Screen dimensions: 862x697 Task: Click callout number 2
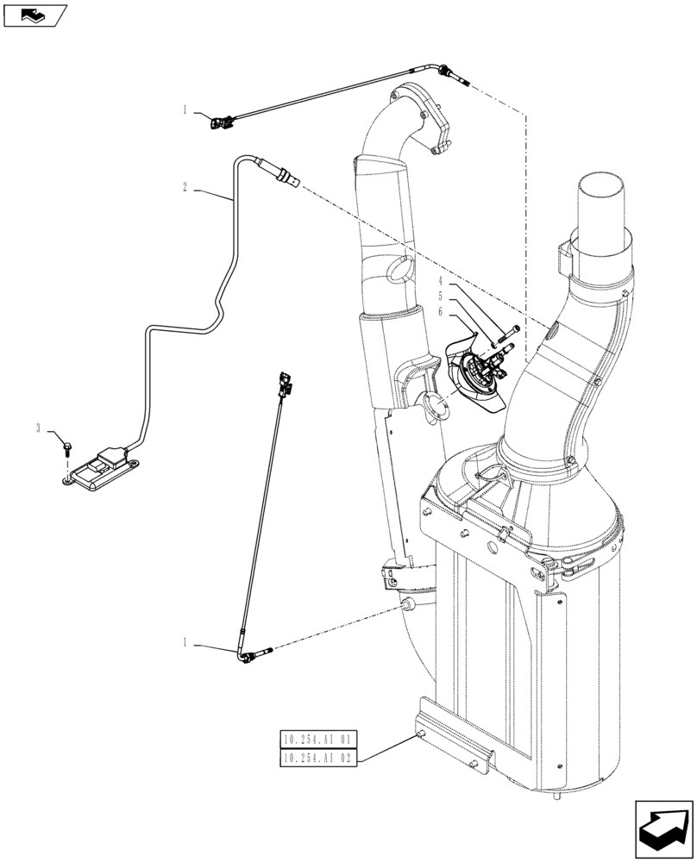(185, 186)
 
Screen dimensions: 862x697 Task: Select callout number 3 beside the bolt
(38, 428)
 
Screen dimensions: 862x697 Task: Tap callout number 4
(440, 280)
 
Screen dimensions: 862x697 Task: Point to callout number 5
(440, 296)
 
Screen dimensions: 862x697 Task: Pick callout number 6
(440, 311)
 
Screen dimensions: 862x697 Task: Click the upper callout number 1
(185, 109)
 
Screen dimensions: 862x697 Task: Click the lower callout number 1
(185, 642)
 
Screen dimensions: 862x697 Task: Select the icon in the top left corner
(34, 15)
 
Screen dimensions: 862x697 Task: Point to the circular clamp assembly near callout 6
(475, 378)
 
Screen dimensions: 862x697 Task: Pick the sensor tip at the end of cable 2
(289, 179)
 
